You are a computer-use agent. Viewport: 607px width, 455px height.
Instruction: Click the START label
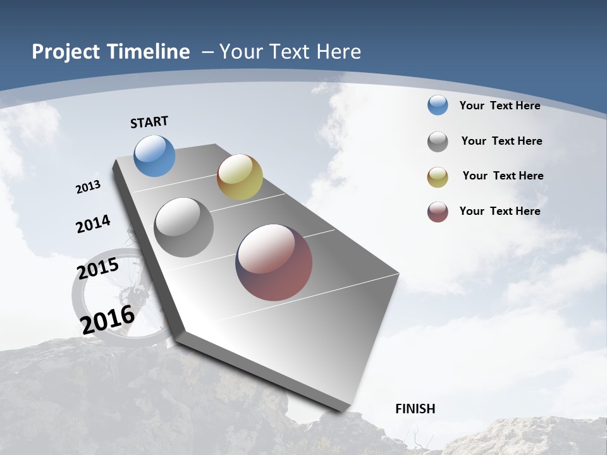[149, 122]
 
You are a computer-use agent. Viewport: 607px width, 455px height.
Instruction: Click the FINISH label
[415, 409]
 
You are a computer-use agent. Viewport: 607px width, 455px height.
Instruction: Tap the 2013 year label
[88, 187]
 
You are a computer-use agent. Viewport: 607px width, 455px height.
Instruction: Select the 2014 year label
[93, 224]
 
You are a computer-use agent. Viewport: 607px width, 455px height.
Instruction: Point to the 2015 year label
[98, 269]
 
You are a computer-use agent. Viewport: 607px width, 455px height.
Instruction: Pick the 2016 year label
[107, 319]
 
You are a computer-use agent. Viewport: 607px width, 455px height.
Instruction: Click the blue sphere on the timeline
[155, 155]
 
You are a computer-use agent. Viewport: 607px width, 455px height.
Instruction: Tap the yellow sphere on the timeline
[240, 177]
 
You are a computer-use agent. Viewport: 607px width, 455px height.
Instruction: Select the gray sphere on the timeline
[184, 227]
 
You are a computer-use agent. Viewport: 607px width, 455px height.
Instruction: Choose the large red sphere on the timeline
[274, 262]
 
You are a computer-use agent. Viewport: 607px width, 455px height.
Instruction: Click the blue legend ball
[438, 106]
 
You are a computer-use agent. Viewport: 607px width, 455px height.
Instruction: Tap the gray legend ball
[438, 142]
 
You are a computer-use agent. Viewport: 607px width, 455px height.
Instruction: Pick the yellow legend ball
[438, 177]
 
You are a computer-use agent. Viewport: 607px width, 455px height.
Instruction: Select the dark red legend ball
[438, 212]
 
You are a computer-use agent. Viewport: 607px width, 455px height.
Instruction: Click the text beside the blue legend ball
[500, 106]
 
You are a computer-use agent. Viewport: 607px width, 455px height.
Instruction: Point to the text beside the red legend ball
[500, 211]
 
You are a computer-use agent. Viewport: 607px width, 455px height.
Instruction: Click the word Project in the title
[66, 52]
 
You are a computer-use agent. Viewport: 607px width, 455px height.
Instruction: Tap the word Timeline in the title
[149, 52]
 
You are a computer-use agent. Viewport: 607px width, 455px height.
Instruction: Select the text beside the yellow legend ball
[503, 176]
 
